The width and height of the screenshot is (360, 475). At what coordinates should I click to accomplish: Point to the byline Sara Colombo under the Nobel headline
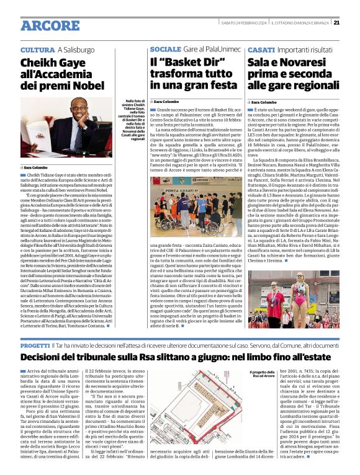38,167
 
